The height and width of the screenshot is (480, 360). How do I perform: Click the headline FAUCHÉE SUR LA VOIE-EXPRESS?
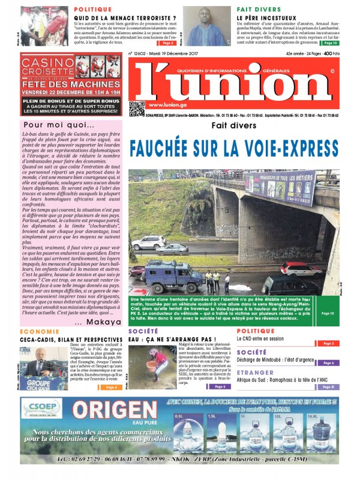(x=233, y=146)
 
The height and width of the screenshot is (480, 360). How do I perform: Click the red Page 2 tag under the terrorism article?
(x=167, y=43)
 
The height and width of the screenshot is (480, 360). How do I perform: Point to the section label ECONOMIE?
(x=39, y=332)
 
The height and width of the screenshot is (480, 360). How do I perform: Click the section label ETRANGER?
(x=256, y=372)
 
